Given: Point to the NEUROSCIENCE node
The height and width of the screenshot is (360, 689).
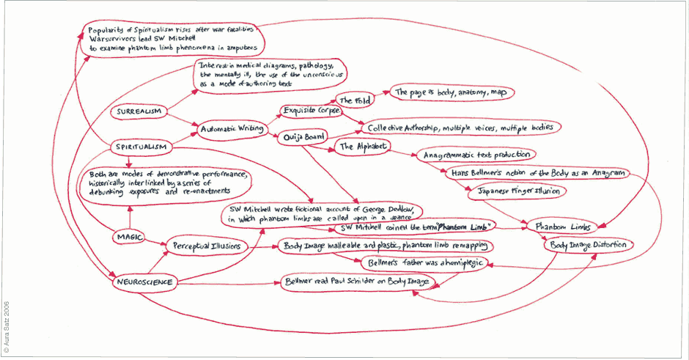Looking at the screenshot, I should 144,281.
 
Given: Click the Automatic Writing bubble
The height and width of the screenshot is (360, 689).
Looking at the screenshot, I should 232,129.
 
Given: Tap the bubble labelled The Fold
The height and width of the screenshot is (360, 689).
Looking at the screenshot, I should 353,100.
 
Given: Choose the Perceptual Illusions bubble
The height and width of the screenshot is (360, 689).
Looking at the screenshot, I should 206,246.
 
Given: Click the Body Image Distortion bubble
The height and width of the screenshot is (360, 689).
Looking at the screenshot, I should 589,244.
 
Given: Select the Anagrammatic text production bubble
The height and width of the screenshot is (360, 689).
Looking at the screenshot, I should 475,155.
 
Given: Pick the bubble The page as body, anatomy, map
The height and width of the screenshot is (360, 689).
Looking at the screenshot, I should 452,93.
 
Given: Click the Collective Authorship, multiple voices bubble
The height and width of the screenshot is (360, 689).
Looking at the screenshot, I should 460,128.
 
